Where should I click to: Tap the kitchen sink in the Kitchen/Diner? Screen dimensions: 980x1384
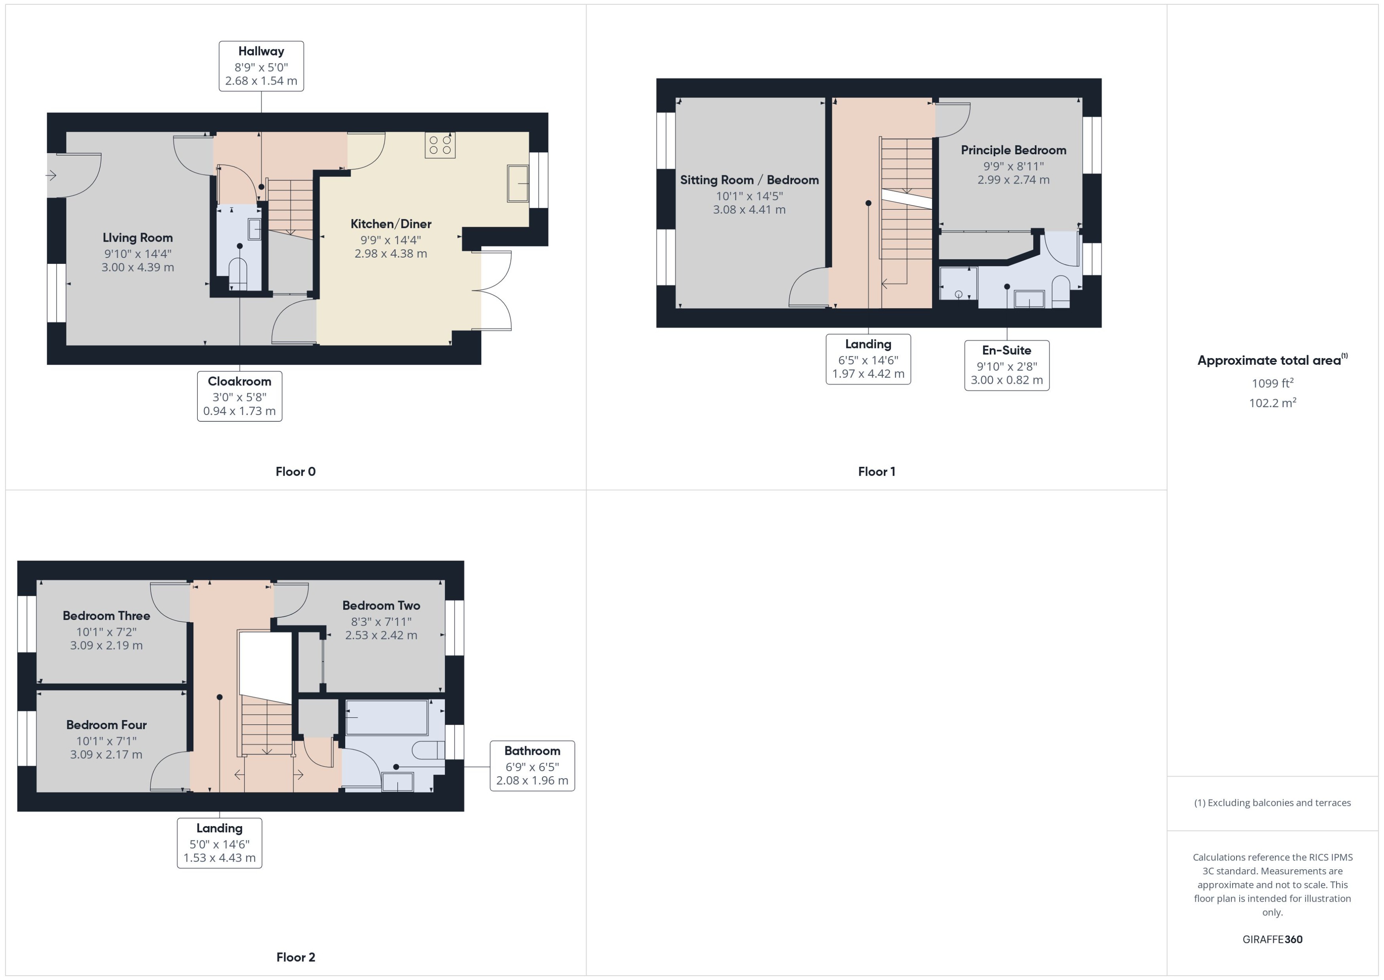point(517,184)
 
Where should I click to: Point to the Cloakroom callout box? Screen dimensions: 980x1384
point(239,396)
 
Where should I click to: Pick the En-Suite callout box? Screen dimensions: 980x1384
point(1006,366)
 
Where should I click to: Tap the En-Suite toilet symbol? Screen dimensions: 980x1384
point(1060,290)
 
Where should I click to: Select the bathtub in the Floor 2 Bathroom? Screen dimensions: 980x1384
point(387,718)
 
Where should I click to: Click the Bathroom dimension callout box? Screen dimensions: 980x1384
point(532,766)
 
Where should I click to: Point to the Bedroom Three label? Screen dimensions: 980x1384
point(106,616)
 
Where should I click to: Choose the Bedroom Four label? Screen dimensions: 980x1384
point(106,725)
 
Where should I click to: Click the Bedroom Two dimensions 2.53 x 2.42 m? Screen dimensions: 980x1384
point(381,635)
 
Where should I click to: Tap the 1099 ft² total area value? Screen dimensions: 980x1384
point(1272,383)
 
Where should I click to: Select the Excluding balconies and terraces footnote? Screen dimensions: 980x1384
point(1272,803)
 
